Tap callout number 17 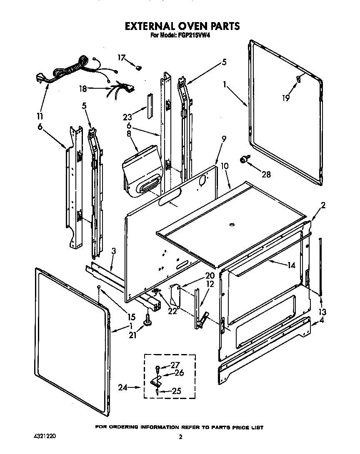click(x=121, y=58)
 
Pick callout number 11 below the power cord click(x=39, y=116)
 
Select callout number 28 click(x=265, y=175)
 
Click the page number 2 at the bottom click(x=180, y=437)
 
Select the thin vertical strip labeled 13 click(x=320, y=267)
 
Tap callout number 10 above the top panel click(x=225, y=166)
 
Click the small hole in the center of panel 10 click(x=231, y=225)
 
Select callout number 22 click(x=172, y=310)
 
